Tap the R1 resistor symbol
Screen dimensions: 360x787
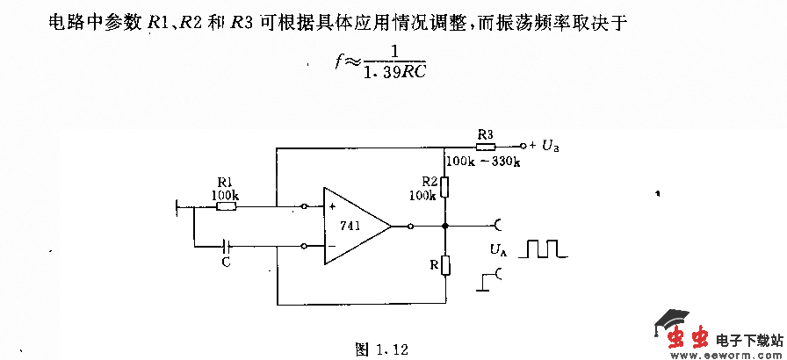pos(226,207)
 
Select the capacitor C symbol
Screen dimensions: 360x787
pos(227,246)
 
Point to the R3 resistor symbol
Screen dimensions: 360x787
pos(485,146)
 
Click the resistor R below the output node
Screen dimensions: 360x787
pos(445,265)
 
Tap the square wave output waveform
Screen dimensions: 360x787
pos(543,249)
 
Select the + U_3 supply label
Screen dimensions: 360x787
pos(544,146)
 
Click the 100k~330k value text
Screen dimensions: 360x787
pos(483,162)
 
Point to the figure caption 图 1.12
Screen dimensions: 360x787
pos(382,349)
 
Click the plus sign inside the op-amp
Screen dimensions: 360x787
pos(334,208)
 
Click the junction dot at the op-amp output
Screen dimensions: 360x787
pos(445,226)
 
